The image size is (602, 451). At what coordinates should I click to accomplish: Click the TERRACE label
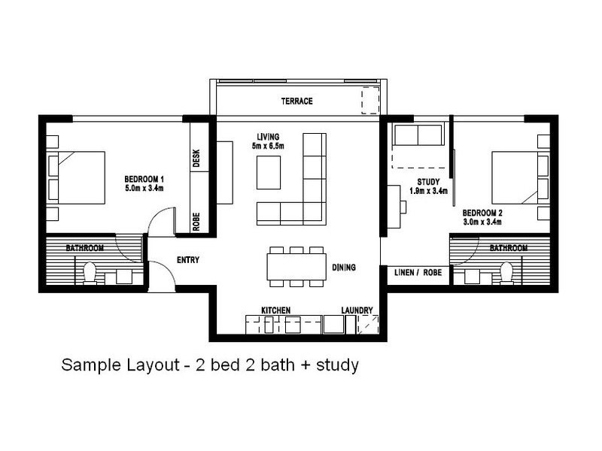coord(296,101)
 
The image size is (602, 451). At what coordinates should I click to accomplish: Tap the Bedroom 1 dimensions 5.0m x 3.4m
coord(144,188)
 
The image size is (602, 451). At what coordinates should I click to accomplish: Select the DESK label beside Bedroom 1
coord(196,158)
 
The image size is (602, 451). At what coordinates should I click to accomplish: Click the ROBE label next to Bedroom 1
coord(196,222)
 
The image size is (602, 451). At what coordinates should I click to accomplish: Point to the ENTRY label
coord(188,260)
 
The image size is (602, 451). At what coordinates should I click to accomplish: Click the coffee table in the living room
coord(269,172)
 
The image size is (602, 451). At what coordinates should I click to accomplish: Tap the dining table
coord(296,267)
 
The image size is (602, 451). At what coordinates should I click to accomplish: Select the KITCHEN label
coord(275,310)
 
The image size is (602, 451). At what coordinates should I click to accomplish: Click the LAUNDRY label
coord(357,310)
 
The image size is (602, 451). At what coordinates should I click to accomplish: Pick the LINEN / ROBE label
coord(418,273)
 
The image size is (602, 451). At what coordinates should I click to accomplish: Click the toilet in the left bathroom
coord(90,273)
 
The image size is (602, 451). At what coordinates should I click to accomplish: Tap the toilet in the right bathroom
coord(506,273)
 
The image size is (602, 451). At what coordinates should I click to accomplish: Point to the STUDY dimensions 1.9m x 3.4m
coord(428,191)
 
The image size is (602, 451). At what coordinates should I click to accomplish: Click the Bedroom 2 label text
coord(482,213)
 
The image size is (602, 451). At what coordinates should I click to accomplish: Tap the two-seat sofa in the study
coord(418,135)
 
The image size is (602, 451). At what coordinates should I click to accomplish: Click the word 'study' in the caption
coord(337,365)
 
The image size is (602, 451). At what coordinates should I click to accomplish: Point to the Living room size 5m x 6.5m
coord(268,146)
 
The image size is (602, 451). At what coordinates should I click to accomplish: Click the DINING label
coord(344,268)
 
